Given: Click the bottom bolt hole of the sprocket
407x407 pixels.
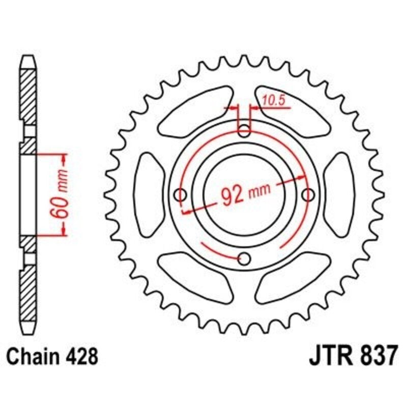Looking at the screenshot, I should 245,259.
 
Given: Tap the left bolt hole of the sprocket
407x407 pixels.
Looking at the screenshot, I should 180,194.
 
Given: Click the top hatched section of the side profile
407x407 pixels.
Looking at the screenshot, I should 28,97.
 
